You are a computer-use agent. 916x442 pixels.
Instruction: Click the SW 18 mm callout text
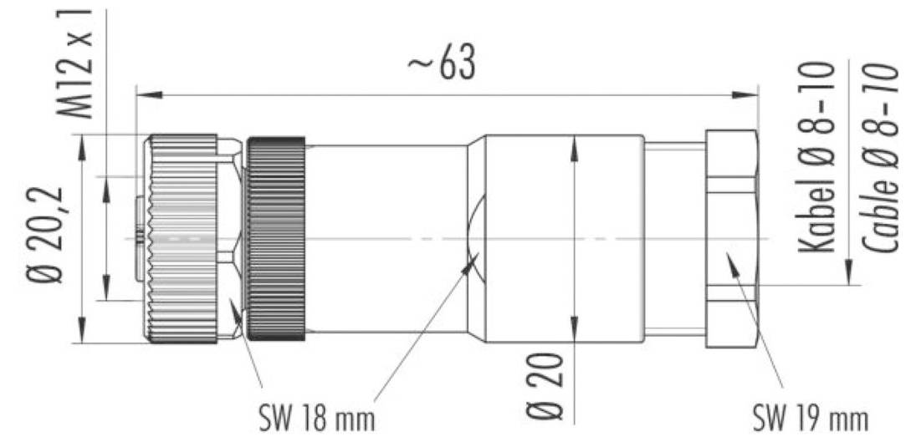point(315,414)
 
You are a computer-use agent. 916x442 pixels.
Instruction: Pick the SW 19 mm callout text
point(809,414)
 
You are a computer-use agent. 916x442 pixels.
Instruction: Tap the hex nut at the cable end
point(731,238)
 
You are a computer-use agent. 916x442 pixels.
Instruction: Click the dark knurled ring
point(274,238)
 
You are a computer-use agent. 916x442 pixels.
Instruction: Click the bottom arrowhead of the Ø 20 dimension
point(575,332)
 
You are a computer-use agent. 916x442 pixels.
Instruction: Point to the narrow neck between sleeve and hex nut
point(674,238)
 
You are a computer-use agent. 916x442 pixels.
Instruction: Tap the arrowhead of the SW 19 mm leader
point(729,260)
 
